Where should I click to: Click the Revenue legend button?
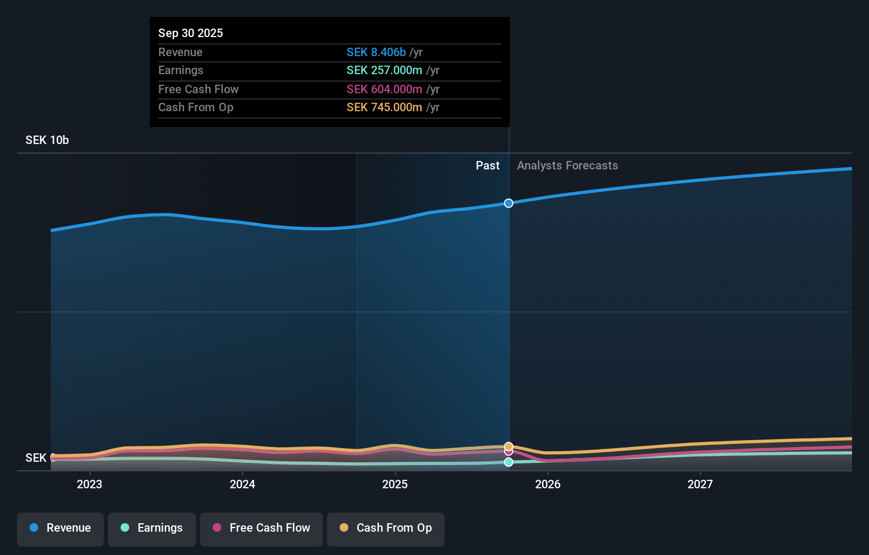coord(60,529)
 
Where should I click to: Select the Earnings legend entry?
coord(152,529)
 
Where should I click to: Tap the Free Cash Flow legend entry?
coord(261,529)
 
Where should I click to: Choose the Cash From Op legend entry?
coord(386,529)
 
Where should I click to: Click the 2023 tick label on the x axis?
coord(89,484)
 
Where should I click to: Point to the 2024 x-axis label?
coord(242,484)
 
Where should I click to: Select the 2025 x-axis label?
coord(395,484)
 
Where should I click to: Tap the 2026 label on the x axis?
coord(548,484)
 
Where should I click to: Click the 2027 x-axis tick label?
coord(700,484)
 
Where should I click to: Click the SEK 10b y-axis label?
coord(47,140)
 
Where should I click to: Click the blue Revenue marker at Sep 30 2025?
coord(509,203)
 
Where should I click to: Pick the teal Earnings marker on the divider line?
coord(509,462)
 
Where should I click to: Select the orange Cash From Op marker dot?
coord(509,446)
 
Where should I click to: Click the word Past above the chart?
coord(487,166)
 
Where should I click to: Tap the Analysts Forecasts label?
coord(567,166)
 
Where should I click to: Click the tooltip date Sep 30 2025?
coord(191,33)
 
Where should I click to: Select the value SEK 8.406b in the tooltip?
coord(376,52)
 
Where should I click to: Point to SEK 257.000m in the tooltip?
coord(384,70)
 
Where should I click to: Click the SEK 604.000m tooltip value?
coord(384,89)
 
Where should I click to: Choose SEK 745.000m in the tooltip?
coord(384,108)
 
